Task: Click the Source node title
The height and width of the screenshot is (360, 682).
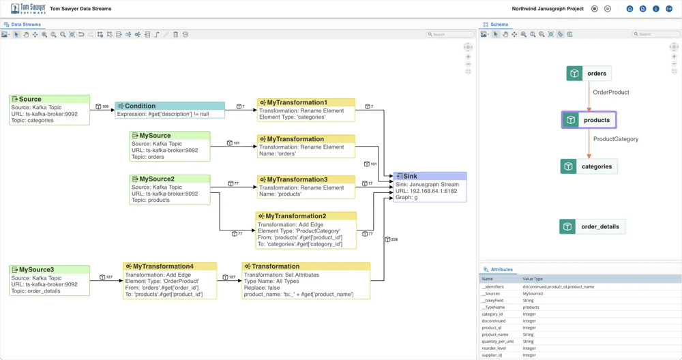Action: pyautogui.click(x=30, y=100)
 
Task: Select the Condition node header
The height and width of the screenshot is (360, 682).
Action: pyautogui.click(x=140, y=106)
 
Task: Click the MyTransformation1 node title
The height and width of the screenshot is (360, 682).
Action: pyautogui.click(x=297, y=102)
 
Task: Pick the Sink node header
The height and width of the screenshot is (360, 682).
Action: pyautogui.click(x=410, y=176)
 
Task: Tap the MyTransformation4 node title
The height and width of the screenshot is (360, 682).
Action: pyautogui.click(x=163, y=267)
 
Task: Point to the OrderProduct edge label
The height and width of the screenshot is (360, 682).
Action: pyautogui.click(x=610, y=92)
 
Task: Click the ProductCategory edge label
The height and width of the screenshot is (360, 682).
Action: pyautogui.click(x=615, y=139)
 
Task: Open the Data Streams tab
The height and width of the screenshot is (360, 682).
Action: pyautogui.click(x=26, y=25)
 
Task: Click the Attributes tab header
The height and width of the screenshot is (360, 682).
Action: pyautogui.click(x=501, y=269)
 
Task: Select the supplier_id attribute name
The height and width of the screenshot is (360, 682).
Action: pyautogui.click(x=492, y=355)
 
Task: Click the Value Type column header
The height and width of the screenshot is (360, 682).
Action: pyautogui.click(x=533, y=279)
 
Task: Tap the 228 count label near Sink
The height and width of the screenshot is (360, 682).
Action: pyautogui.click(x=394, y=239)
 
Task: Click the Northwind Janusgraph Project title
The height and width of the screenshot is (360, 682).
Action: pyautogui.click(x=548, y=9)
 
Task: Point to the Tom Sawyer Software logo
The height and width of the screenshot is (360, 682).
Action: pyautogui.click(x=28, y=9)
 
